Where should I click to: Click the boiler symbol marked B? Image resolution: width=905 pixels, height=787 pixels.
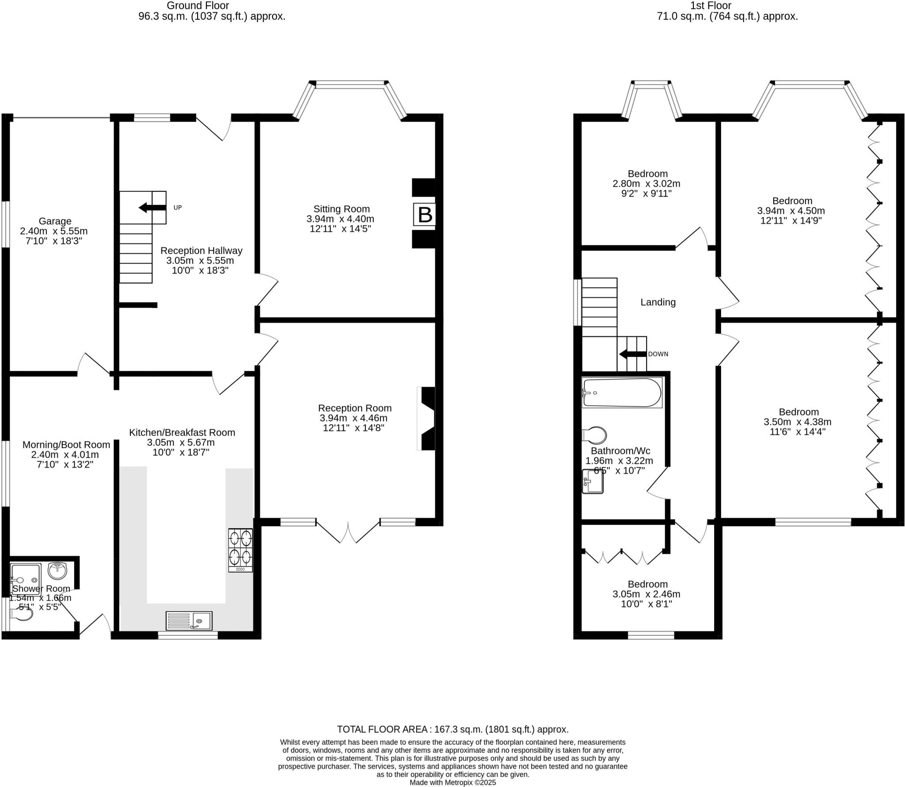(424, 215)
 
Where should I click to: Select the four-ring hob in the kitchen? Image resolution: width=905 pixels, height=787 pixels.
(240, 550)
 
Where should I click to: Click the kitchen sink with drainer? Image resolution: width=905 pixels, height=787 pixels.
(189, 620)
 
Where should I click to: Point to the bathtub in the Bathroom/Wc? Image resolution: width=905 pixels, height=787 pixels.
(621, 392)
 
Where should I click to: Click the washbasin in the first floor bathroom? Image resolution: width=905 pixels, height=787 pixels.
(592, 481)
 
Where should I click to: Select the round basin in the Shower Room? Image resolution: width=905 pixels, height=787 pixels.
(57, 570)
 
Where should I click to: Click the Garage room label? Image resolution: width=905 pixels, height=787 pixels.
(55, 221)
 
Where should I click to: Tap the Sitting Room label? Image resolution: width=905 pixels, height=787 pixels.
(341, 209)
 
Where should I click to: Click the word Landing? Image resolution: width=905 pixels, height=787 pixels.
(658, 302)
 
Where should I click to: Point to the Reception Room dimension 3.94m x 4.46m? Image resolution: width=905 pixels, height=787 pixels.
(353, 418)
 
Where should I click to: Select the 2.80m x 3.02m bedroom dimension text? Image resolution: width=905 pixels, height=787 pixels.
(647, 184)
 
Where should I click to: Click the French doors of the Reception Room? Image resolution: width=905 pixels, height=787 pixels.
(348, 533)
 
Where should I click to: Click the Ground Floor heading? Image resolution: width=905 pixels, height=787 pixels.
(198, 6)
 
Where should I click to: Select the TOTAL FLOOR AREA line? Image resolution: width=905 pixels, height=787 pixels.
(452, 729)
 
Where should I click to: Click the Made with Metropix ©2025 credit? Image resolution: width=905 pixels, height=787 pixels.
(452, 783)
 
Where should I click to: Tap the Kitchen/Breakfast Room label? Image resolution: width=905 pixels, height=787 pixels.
(182, 433)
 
